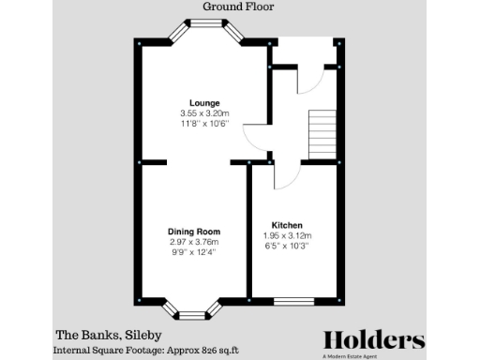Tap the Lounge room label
tap(203, 102)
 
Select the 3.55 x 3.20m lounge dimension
tap(203, 113)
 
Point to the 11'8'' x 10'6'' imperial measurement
tap(203, 125)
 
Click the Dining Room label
tap(193, 232)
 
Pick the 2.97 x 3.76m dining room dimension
tap(193, 242)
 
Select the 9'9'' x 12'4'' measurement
tap(193, 253)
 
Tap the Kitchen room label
tap(286, 226)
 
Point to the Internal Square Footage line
tap(146, 349)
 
